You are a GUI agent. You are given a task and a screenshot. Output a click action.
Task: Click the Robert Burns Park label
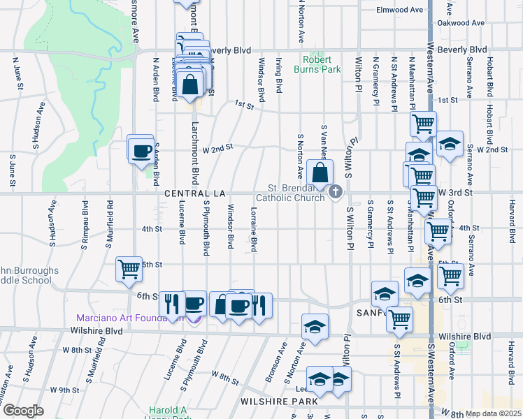click(321, 64)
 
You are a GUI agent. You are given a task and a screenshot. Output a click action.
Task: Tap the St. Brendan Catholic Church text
click(296, 193)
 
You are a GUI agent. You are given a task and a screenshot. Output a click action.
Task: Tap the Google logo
click(23, 411)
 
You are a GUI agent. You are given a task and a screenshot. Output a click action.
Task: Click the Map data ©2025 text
click(492, 413)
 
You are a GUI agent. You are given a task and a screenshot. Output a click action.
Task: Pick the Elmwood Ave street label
click(400, 10)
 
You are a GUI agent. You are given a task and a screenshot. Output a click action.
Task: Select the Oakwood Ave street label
click(461, 23)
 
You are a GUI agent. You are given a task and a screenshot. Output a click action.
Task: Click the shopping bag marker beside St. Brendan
click(320, 173)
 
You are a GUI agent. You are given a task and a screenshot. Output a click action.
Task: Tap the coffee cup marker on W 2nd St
click(141, 151)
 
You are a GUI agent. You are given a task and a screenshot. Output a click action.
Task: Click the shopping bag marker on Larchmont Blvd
click(191, 85)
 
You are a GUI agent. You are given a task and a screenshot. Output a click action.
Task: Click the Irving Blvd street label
click(278, 75)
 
